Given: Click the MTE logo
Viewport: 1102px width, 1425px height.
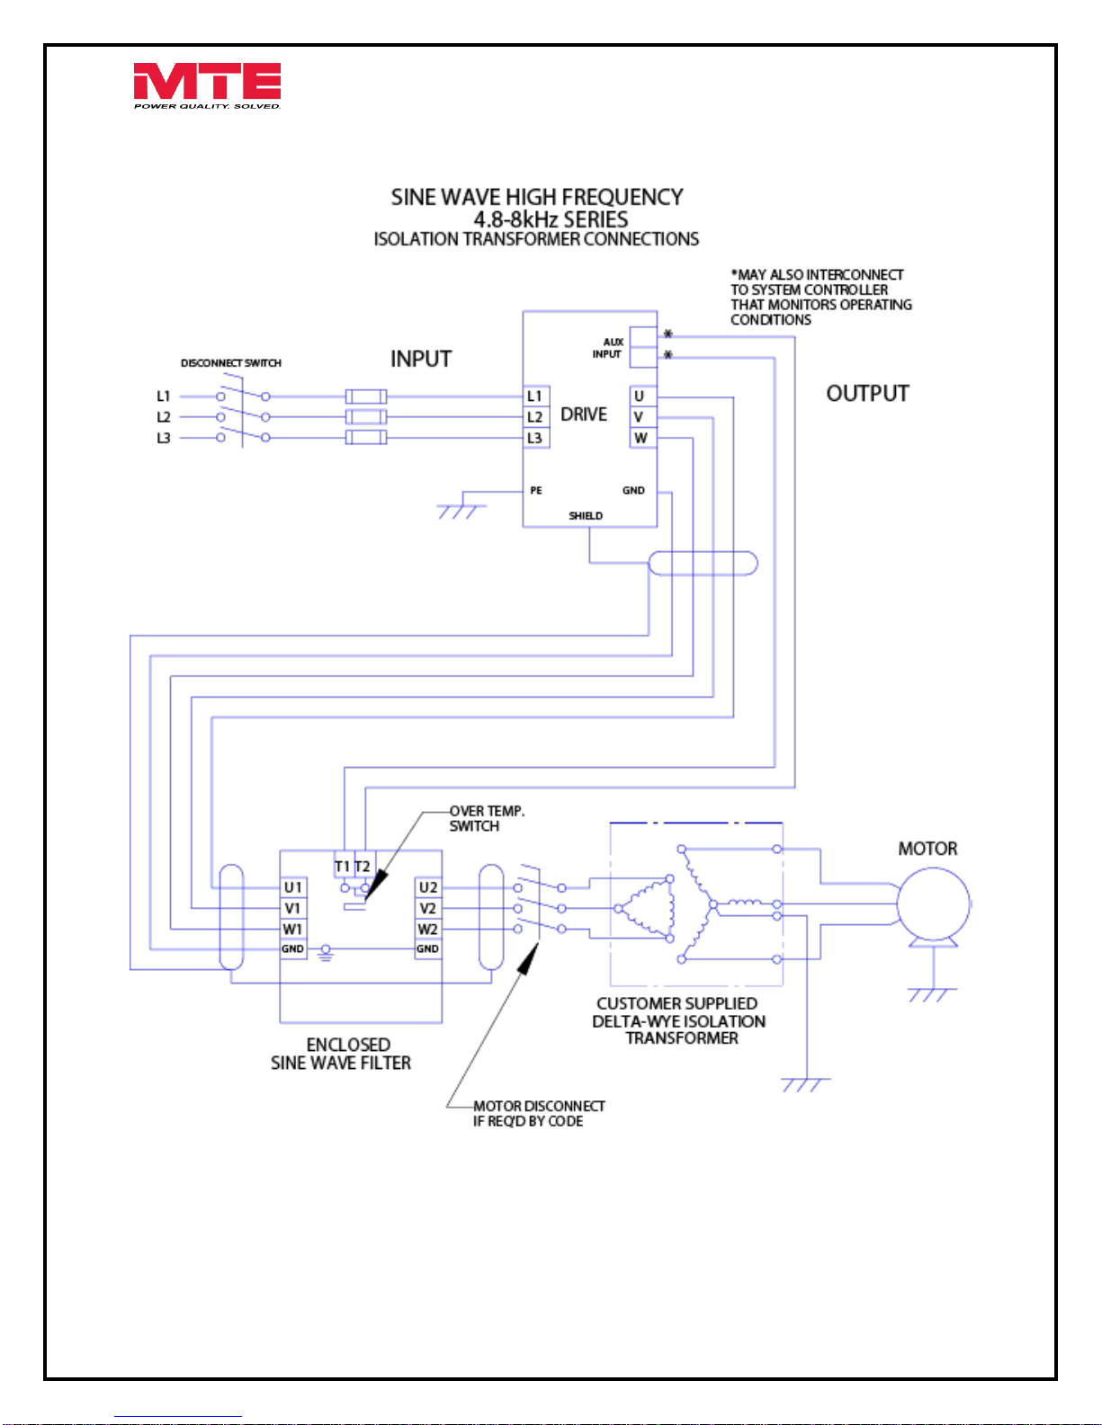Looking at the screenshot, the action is pyautogui.click(x=207, y=86).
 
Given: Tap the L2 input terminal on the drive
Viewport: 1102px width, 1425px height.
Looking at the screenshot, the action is pyautogui.click(x=536, y=417).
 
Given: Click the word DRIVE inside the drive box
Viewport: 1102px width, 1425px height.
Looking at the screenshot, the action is pyautogui.click(x=584, y=414).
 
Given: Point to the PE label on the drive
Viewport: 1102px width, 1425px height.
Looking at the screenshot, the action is pyautogui.click(x=536, y=491).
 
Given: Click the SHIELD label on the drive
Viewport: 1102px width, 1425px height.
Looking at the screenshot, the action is pyautogui.click(x=586, y=516).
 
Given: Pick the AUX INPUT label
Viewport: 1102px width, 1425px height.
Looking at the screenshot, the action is pyautogui.click(x=607, y=348).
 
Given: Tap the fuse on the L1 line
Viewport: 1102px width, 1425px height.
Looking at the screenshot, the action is pyautogui.click(x=366, y=396).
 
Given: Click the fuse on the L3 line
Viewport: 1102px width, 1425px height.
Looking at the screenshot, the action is pyautogui.click(x=366, y=438).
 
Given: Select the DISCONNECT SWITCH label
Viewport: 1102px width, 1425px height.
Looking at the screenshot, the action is pyautogui.click(x=231, y=363).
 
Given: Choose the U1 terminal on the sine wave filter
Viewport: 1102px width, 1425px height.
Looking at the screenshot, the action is pyautogui.click(x=293, y=887).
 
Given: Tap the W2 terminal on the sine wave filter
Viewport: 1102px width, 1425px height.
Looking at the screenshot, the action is pyautogui.click(x=428, y=930).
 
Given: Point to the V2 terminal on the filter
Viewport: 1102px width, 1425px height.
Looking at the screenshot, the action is pyautogui.click(x=428, y=908).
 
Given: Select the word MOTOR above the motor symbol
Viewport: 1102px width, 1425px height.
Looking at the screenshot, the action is pyautogui.click(x=927, y=849).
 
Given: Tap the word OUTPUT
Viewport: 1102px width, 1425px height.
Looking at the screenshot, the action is pyautogui.click(x=867, y=394).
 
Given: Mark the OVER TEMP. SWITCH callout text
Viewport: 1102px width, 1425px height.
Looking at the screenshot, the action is pyautogui.click(x=487, y=818).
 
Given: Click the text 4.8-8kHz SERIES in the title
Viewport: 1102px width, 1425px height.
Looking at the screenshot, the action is pyautogui.click(x=551, y=219).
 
